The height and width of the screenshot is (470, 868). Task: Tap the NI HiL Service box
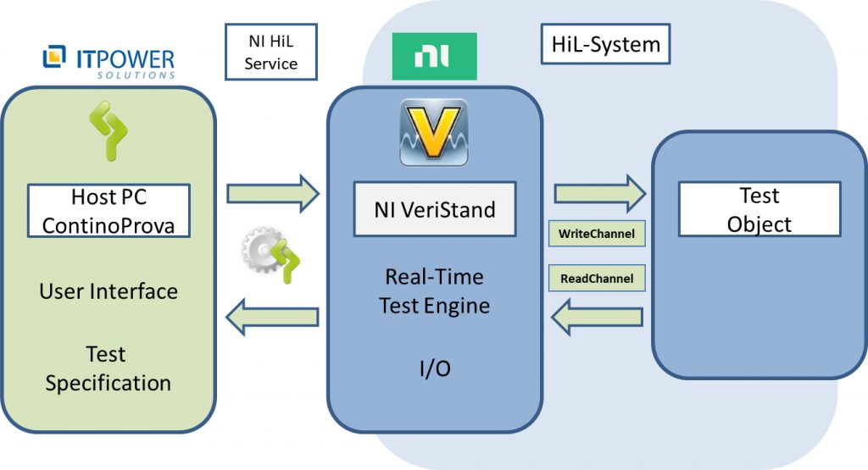tap(271, 52)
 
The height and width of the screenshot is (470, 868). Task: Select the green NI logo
tap(434, 57)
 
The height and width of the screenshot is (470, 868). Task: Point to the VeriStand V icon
tap(433, 132)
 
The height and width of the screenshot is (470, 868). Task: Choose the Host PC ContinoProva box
tap(108, 212)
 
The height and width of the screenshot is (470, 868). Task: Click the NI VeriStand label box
tap(434, 208)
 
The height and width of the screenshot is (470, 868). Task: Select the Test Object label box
tap(759, 210)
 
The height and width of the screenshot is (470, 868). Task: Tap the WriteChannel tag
tap(597, 233)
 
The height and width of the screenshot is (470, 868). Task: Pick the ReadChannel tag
tap(597, 277)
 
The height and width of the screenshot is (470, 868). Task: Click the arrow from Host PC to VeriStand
tap(272, 194)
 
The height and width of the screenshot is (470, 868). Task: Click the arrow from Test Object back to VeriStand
tap(597, 317)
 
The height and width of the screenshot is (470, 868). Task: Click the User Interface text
tap(108, 291)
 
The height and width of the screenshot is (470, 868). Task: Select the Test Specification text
tap(108, 368)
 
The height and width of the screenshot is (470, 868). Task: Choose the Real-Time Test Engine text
tap(434, 290)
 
